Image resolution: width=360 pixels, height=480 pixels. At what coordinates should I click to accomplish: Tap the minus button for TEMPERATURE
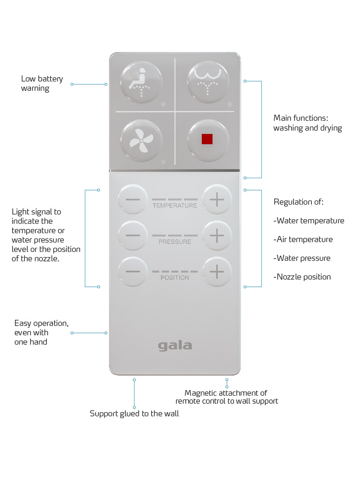[x=133, y=200]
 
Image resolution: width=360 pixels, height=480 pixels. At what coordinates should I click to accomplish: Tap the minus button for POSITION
[x=133, y=272]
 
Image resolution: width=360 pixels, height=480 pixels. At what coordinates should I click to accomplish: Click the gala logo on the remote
[x=175, y=346]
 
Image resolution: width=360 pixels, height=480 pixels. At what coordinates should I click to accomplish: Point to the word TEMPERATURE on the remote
[x=175, y=206]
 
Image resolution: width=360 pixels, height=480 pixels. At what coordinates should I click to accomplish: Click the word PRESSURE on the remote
[x=175, y=242]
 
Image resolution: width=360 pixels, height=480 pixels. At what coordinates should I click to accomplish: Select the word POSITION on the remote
[x=175, y=278]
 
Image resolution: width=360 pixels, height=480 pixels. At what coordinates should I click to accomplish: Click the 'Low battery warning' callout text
[x=42, y=84]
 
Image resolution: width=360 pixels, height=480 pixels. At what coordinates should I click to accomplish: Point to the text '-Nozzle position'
[x=302, y=277]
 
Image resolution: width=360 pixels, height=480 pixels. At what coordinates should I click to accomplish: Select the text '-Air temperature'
[x=303, y=239]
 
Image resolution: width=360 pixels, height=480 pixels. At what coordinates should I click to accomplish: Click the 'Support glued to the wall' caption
[x=134, y=414]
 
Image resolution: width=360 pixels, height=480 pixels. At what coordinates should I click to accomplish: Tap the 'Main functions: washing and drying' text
[x=308, y=123]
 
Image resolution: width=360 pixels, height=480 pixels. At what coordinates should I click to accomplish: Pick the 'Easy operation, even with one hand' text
[x=41, y=332]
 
